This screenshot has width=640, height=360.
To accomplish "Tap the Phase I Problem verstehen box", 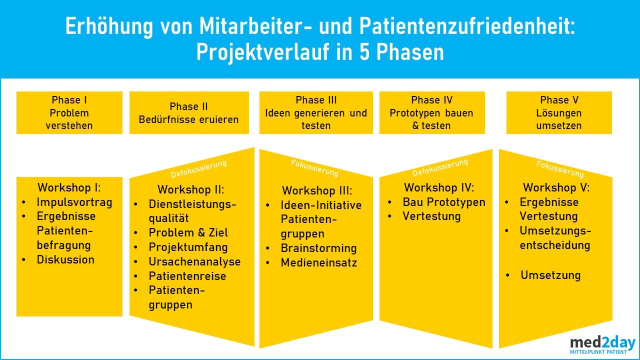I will coord(69,113).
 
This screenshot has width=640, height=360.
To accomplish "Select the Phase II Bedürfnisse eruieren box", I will coord(189,113).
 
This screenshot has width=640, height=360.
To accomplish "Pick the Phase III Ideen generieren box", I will coord(316,113).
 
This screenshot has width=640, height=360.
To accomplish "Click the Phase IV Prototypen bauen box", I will coord(431,113).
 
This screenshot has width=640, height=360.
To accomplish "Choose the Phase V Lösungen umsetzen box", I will coord(559,113).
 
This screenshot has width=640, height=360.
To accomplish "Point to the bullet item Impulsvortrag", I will coord(74,202).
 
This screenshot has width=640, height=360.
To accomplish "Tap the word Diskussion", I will coord(65,259).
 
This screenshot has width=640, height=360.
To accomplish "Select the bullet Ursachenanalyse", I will coord(194,261).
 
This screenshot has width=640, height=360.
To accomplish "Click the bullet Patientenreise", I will coord(187,276).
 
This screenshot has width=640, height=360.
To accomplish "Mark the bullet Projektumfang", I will coord(188,247).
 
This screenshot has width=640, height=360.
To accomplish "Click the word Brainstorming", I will coord(318,248).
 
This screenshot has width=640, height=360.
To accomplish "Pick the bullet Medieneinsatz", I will coord(319,262).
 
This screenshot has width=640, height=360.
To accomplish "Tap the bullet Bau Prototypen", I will coord(444,202).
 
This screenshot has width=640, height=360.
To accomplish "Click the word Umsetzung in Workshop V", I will coord(550,275).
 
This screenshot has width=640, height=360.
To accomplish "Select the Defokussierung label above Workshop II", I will coord(198,168).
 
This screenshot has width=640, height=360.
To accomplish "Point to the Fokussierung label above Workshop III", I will coord(314,168).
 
